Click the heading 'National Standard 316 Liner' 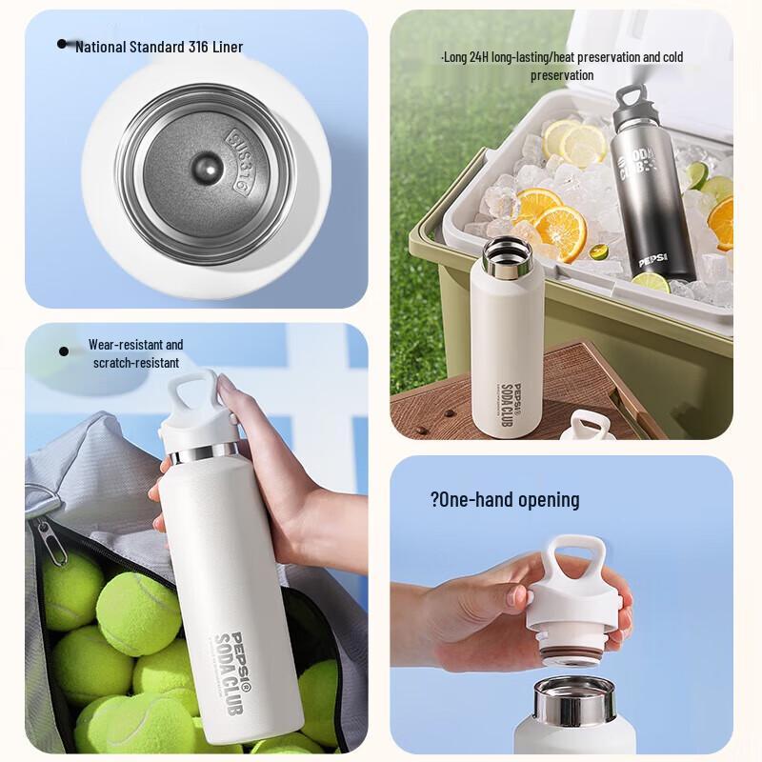pos(159,47)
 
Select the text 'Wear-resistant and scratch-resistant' pos(136,353)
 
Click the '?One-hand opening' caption pos(505,500)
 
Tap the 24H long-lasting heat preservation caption pos(562,66)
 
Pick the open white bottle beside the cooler pos(509,343)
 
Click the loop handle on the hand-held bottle pos(196,391)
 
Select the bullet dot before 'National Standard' pos(63,44)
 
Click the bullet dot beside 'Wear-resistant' pos(64,351)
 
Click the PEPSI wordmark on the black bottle pos(654,258)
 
